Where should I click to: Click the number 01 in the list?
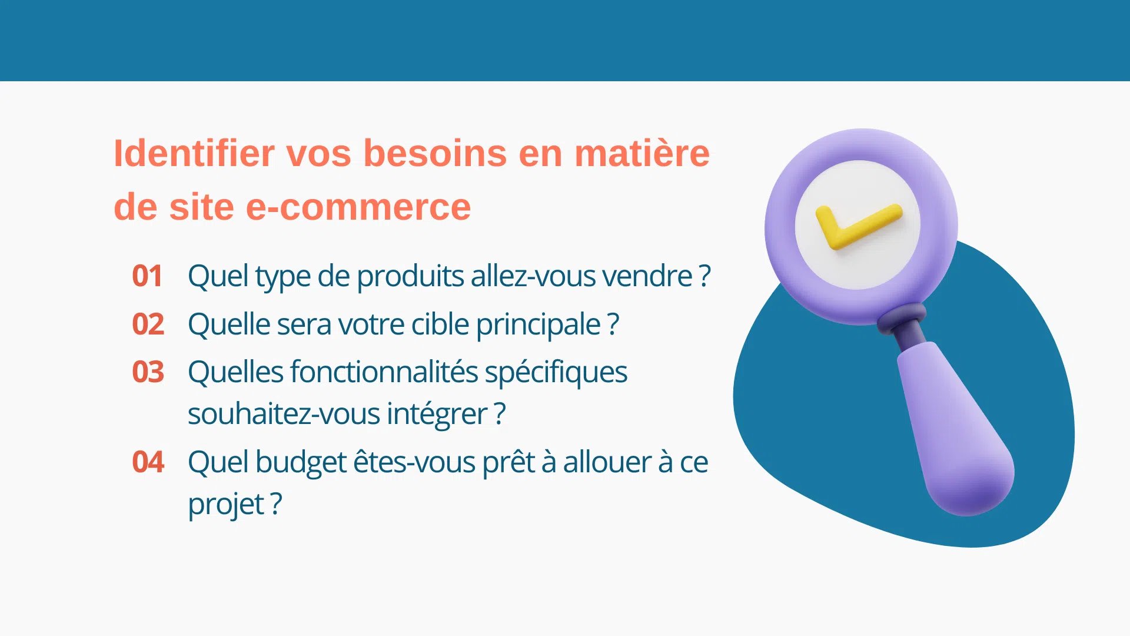pos(147,276)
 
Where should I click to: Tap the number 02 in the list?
pos(148,324)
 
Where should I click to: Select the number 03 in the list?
pos(148,372)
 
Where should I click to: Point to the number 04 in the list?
pos(148,462)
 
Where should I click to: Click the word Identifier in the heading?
pos(194,153)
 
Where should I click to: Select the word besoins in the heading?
pos(435,153)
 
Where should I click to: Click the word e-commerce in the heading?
pos(358,207)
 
